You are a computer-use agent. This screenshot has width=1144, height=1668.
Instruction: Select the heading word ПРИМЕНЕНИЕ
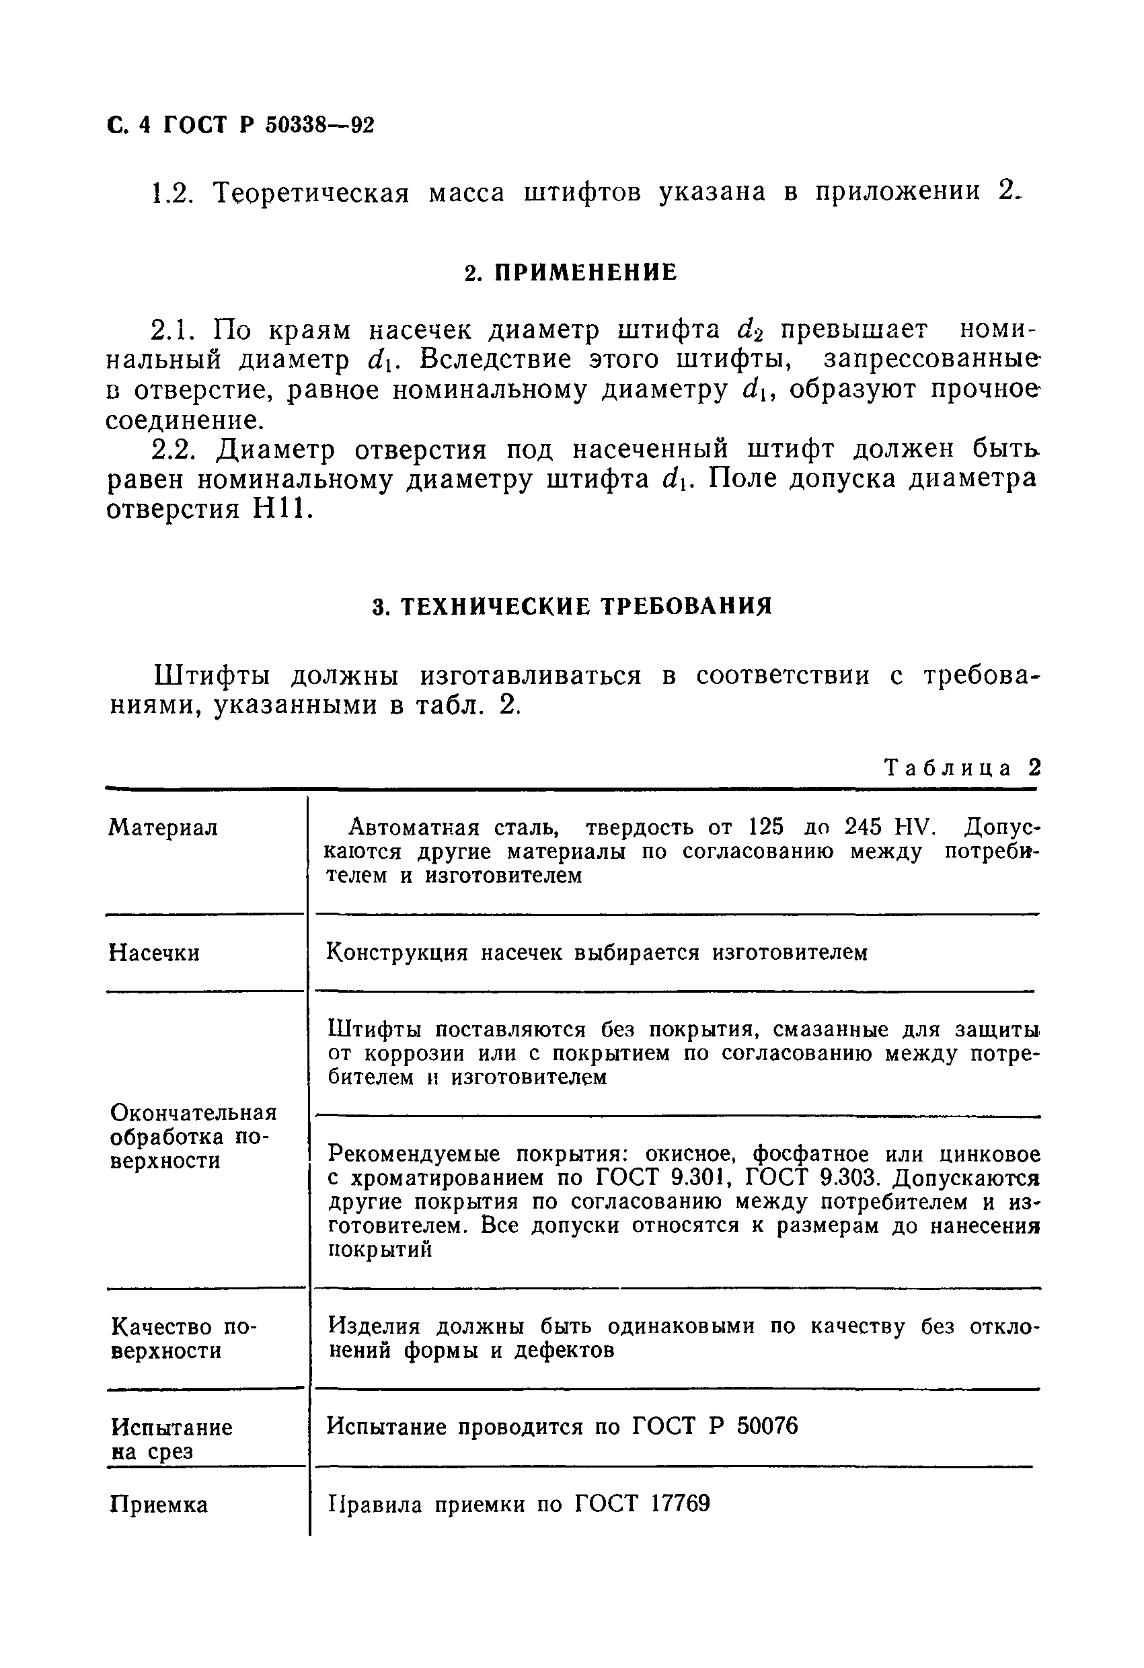tap(586, 273)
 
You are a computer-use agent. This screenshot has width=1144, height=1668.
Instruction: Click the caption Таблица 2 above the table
tap(962, 768)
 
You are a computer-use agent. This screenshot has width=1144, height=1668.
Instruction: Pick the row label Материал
tap(163, 828)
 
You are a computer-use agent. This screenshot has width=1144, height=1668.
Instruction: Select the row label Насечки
tap(154, 953)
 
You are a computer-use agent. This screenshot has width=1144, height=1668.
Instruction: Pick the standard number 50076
tap(767, 1426)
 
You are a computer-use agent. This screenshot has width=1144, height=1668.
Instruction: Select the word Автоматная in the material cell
tap(414, 828)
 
